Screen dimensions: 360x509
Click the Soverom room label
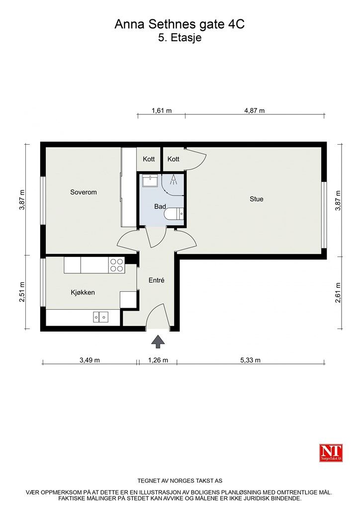84,192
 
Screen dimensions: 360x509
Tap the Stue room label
257,199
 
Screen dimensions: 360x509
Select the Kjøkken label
83,292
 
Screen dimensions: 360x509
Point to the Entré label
157,280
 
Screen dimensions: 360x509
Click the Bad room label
160,206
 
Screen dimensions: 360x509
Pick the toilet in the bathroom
174,214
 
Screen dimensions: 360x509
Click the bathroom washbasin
150,180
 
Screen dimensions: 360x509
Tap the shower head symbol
174,179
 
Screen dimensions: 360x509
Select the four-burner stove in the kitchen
116,264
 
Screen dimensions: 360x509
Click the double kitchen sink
100,317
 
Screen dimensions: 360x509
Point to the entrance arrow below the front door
158,342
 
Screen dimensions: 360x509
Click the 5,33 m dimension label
250,360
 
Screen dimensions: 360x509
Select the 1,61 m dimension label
162,111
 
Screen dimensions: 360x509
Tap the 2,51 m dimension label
22,292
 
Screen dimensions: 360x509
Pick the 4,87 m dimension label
255,111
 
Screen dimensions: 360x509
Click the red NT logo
331,452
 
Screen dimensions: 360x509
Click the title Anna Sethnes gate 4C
180,24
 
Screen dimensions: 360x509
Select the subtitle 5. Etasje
180,38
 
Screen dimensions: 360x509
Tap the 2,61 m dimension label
338,292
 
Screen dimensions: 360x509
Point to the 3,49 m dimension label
90,360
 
